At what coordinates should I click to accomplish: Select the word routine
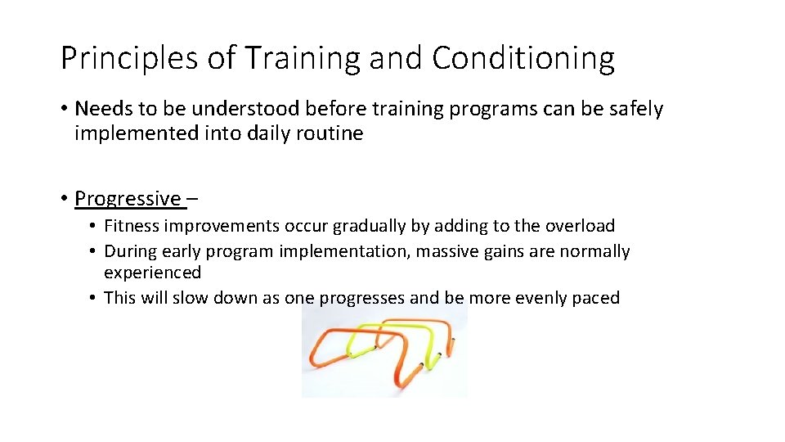point(329,133)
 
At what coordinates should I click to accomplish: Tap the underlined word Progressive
point(128,199)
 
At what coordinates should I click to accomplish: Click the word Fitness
point(132,226)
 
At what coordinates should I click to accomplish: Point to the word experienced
point(152,273)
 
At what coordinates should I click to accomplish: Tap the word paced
point(595,298)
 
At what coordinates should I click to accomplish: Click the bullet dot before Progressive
point(64,199)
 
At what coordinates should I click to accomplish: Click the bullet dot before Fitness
point(94,226)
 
